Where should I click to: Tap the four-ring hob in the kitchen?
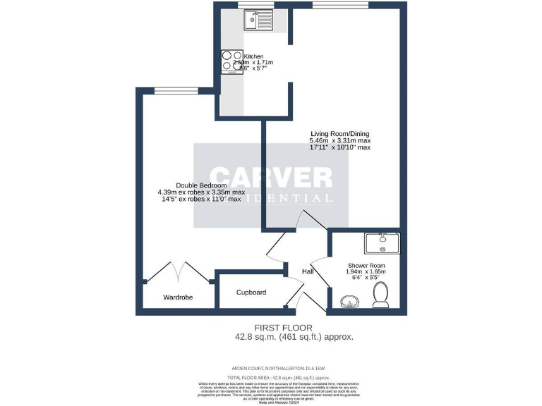(x=232, y=61)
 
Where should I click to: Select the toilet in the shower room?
(x=381, y=296)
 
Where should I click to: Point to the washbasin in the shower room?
(x=349, y=302)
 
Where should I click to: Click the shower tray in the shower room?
(x=382, y=243)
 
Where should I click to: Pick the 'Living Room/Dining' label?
(x=340, y=134)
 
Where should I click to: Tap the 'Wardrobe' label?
(x=178, y=297)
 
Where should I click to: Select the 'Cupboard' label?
(x=251, y=292)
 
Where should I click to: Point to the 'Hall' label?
(x=308, y=271)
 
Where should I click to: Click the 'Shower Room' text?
(x=366, y=264)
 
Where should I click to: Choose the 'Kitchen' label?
(x=253, y=56)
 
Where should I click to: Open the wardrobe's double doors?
(x=176, y=271)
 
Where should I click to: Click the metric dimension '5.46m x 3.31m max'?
(x=339, y=142)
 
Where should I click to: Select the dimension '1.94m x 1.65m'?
(x=366, y=272)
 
